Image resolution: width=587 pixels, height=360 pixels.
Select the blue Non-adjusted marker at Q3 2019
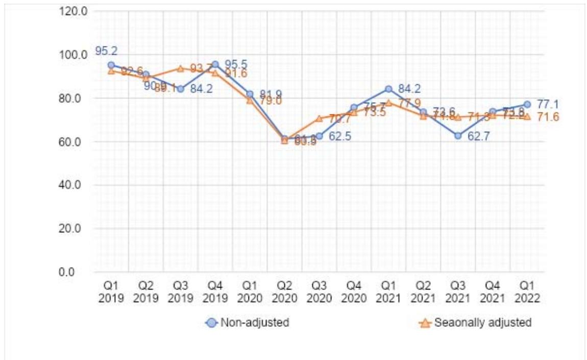click(180, 89)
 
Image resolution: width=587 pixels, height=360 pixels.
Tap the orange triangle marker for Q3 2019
click(180, 68)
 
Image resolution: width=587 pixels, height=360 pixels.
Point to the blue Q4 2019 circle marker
click(215, 64)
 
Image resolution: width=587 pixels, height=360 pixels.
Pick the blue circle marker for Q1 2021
click(388, 89)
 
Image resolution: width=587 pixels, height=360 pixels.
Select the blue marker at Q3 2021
click(458, 136)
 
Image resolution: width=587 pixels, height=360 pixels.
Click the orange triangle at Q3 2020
click(319, 118)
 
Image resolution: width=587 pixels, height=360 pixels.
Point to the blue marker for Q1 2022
click(527, 104)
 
